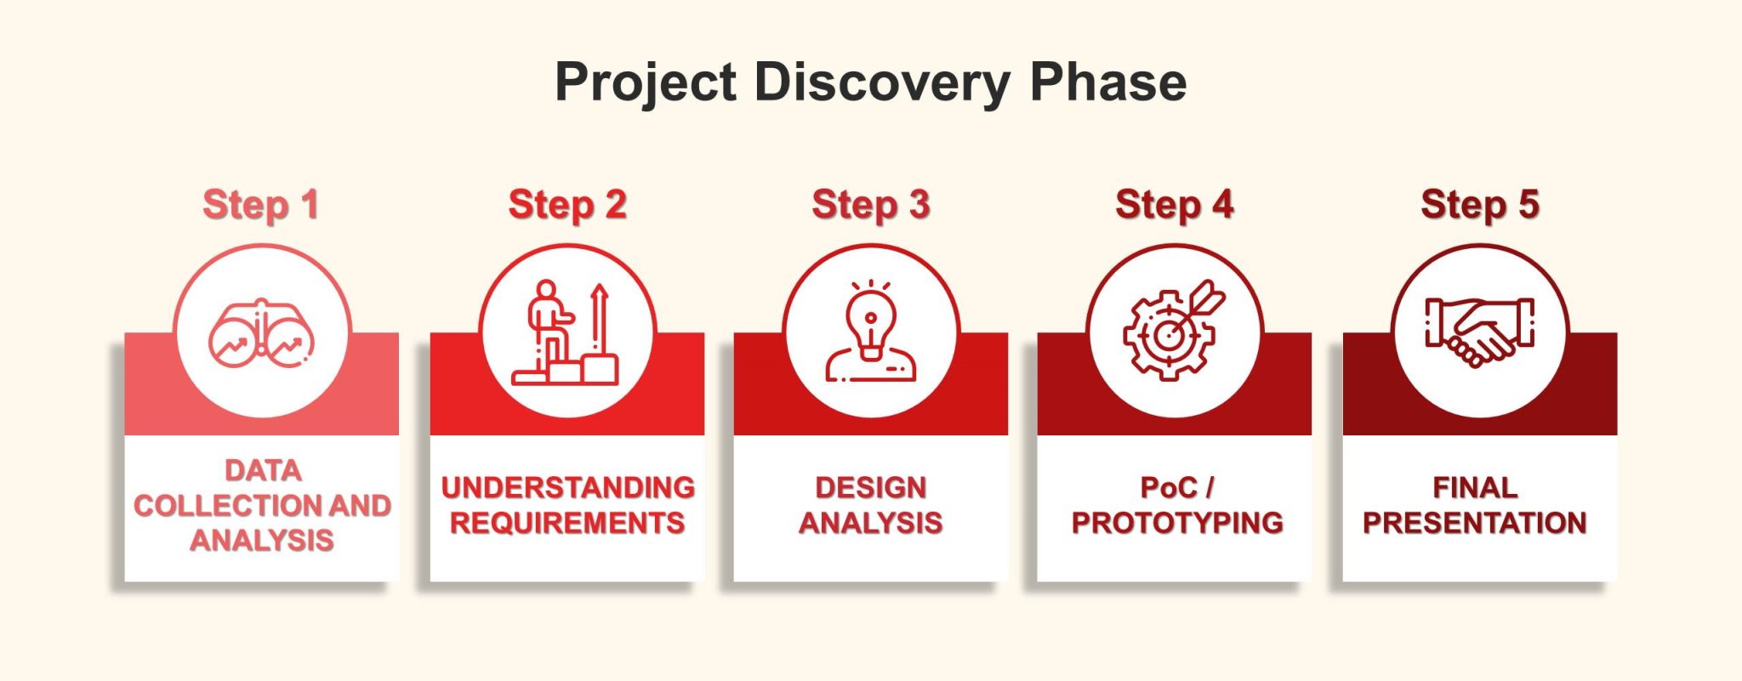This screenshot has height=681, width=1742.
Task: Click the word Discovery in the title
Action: click(882, 82)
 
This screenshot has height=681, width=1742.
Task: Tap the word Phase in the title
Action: click(1107, 82)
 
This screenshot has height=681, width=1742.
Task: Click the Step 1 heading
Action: click(261, 205)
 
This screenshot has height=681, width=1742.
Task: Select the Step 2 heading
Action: click(567, 205)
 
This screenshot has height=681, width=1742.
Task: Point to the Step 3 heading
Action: click(871, 205)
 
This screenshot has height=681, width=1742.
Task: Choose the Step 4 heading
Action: click(1175, 205)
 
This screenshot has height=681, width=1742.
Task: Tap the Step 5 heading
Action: click(1480, 205)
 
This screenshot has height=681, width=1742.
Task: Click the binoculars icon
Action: click(262, 334)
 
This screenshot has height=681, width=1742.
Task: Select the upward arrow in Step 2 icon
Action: click(600, 320)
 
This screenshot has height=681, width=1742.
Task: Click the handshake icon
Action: click(1480, 332)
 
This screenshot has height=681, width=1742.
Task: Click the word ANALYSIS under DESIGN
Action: click(871, 523)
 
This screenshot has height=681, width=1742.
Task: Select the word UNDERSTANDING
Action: click(567, 487)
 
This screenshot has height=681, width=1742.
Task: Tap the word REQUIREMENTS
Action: click(567, 523)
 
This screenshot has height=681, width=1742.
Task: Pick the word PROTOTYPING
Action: click(1177, 523)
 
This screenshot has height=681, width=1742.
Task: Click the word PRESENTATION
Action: click(1475, 523)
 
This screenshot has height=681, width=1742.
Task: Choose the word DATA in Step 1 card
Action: click(263, 470)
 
